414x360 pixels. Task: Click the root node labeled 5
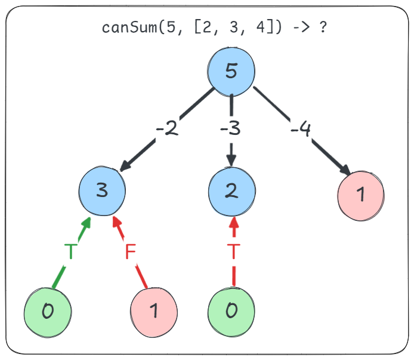click(231, 72)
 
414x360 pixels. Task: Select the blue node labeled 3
click(102, 191)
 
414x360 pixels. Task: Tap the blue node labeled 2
click(232, 192)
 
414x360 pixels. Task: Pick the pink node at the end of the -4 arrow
click(361, 196)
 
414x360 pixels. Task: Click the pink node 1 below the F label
click(154, 312)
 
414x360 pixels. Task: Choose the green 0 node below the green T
click(48, 312)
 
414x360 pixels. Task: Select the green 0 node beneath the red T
click(231, 312)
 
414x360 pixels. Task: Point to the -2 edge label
click(167, 129)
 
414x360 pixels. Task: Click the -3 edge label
click(230, 129)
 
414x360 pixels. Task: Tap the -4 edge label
click(301, 129)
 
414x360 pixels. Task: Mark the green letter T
click(71, 251)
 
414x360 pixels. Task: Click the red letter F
click(131, 251)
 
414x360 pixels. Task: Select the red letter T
click(234, 251)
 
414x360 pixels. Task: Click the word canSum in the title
click(129, 27)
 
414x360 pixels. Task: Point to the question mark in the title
click(323, 27)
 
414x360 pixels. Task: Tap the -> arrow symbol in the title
click(301, 27)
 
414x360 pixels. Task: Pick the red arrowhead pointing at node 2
click(234, 223)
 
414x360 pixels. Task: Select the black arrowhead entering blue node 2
click(231, 161)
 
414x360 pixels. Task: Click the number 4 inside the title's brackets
click(261, 27)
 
